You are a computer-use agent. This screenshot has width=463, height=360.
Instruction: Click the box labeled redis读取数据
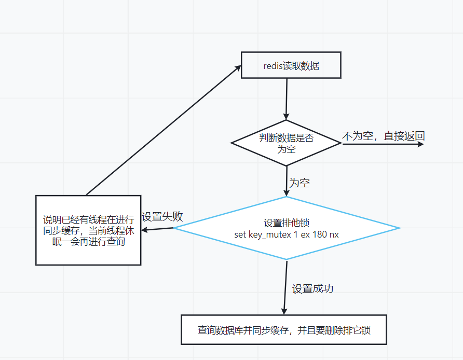(x=291, y=65)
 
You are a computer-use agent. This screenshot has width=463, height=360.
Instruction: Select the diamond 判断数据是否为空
(x=286, y=143)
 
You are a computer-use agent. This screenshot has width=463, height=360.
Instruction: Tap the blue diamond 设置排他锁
(x=286, y=228)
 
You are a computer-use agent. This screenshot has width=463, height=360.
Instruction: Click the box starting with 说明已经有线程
(x=88, y=230)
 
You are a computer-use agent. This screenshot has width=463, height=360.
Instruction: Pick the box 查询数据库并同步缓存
(x=284, y=329)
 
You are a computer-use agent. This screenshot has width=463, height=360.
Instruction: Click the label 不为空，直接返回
(x=383, y=136)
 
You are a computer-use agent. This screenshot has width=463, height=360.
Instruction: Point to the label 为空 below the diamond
(x=299, y=183)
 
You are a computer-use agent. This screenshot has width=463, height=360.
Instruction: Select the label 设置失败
(x=162, y=217)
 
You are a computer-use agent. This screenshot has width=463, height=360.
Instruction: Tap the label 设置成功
(x=312, y=289)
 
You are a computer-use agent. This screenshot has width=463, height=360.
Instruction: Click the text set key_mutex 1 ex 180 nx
(x=286, y=234)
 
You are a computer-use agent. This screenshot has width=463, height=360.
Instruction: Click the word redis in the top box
(x=273, y=66)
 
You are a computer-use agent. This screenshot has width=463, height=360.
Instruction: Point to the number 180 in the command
(x=320, y=234)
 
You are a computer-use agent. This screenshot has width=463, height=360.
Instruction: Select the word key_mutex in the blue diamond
(x=267, y=234)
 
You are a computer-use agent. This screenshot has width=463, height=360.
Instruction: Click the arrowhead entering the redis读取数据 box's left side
(x=239, y=66)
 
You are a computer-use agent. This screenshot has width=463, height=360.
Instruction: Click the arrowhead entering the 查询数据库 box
(x=284, y=311)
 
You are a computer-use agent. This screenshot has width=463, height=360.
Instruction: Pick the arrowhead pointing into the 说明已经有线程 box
(x=145, y=230)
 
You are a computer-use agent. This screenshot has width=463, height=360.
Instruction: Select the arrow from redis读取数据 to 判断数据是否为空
(x=286, y=99)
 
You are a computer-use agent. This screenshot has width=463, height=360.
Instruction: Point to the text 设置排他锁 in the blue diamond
(x=286, y=223)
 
